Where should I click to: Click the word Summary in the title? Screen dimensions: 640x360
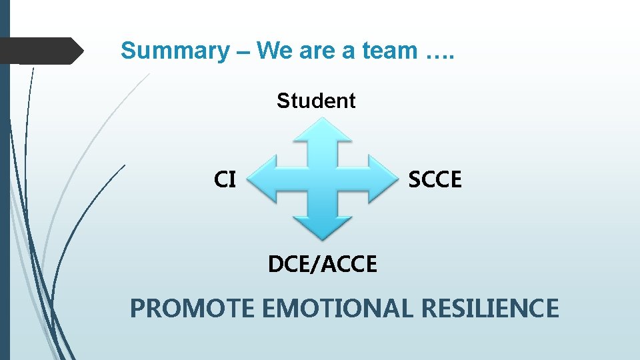tap(175, 51)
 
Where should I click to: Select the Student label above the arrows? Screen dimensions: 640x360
tap(316, 101)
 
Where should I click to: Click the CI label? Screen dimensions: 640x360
tap(225, 179)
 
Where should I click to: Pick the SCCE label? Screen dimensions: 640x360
tap(435, 179)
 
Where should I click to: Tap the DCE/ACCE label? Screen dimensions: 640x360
tap(323, 265)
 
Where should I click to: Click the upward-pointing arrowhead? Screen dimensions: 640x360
tap(324, 131)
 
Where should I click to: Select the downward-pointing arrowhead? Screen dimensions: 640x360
tap(324, 228)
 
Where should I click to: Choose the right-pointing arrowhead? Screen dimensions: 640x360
tap(381, 179)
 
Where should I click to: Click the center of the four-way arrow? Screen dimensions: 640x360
tap(324, 179)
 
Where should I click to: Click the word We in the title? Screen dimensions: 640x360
tap(273, 51)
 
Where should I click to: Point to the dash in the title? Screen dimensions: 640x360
tap(242, 51)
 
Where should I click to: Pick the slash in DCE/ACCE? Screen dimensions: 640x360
tap(319, 265)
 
